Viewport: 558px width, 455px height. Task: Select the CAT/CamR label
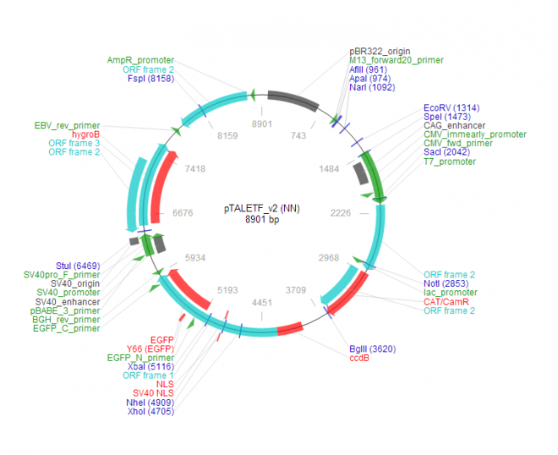click(448, 302)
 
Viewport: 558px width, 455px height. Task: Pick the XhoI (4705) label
click(149, 412)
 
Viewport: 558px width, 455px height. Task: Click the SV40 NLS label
click(153, 393)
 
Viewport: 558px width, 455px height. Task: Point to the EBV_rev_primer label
click(67, 124)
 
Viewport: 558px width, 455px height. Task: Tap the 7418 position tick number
click(195, 169)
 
